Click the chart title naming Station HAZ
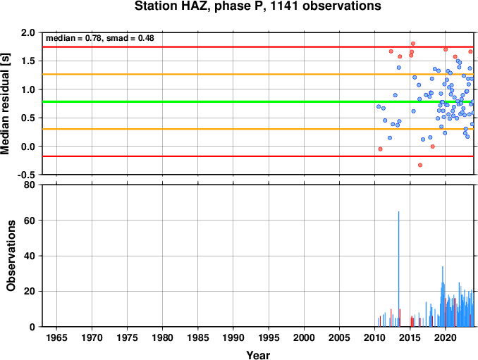(258, 6)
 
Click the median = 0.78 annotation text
(73, 38)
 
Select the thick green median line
(258, 101)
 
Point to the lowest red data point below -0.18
(420, 165)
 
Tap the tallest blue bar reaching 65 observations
(399, 269)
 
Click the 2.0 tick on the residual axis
(27, 32)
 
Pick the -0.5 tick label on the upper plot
(26, 175)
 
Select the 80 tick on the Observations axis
(30, 185)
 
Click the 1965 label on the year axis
(56, 337)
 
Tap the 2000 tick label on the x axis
(304, 337)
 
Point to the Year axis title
(258, 355)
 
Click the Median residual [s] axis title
(5, 104)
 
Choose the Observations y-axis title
(11, 256)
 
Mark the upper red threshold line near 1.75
(258, 47)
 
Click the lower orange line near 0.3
(258, 129)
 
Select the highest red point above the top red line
(413, 44)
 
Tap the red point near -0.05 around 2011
(380, 149)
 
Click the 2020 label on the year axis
(446, 337)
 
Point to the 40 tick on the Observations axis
(30, 256)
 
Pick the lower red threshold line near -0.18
(258, 156)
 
